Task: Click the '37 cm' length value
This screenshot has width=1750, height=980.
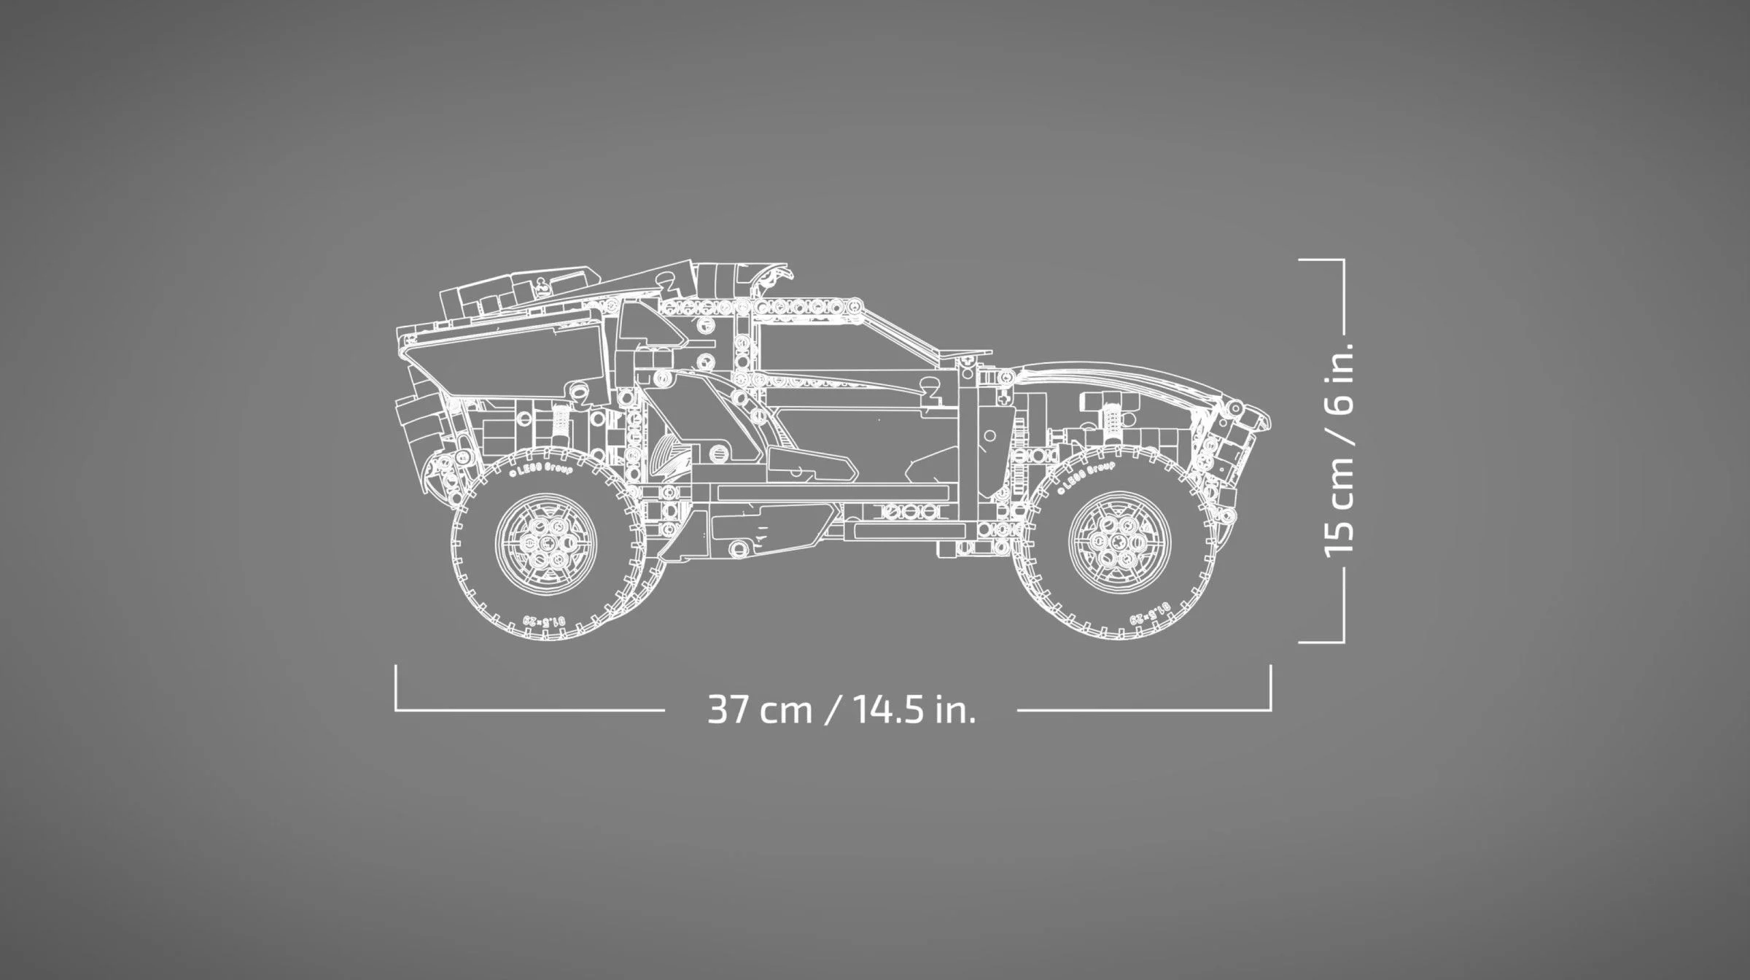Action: point(759,709)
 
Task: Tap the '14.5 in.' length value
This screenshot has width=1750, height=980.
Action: point(914,709)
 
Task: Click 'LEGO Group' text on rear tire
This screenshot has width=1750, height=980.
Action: point(540,470)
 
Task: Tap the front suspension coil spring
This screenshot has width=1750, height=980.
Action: point(1113,419)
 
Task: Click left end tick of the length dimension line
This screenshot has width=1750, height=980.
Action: point(396,685)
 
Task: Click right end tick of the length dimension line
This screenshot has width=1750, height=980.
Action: point(1271,685)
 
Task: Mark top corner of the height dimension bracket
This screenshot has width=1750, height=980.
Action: point(1343,260)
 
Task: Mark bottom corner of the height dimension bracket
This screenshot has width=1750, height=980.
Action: point(1343,642)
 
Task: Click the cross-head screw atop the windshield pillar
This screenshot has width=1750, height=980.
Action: point(965,359)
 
